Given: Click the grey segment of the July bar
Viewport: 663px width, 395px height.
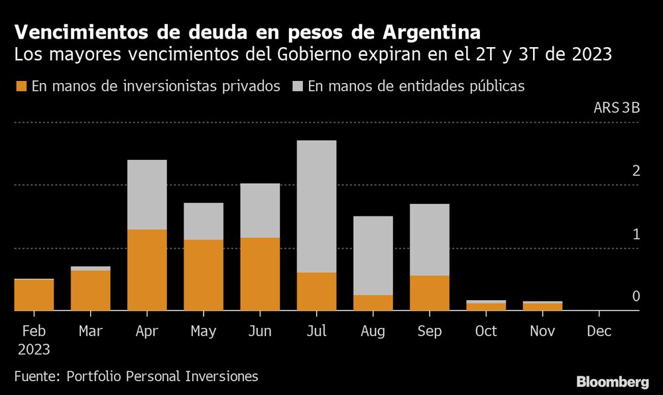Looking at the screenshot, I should (x=316, y=206).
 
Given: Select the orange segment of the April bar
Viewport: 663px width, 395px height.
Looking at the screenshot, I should (x=147, y=270).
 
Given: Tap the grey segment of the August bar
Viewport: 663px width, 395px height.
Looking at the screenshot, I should (x=373, y=255).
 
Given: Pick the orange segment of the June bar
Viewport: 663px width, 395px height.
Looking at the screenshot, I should (x=260, y=274).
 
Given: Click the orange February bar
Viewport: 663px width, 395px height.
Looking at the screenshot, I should (x=34, y=294).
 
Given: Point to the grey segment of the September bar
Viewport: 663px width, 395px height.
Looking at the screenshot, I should (x=430, y=239).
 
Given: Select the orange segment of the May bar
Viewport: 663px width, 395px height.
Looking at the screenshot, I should (x=204, y=275).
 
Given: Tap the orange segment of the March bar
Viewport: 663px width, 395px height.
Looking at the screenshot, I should (x=90, y=290).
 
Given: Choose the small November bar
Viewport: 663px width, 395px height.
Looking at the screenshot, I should (x=542, y=306).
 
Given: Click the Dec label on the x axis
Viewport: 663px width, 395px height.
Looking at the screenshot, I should (x=599, y=331).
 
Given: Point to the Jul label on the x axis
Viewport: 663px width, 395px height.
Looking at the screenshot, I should (x=316, y=331).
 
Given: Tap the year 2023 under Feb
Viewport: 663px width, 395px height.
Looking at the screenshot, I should (x=33, y=349).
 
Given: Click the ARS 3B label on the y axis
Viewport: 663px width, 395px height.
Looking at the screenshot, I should (x=617, y=109).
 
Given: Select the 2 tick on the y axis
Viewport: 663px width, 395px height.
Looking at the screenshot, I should (x=636, y=171).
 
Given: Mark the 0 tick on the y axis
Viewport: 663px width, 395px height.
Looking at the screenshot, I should (x=636, y=296).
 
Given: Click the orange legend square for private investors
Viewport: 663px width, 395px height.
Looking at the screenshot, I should (x=21, y=86).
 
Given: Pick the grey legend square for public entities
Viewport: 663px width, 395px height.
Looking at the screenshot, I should (x=298, y=86).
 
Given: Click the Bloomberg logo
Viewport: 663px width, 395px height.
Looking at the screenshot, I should (x=612, y=382).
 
